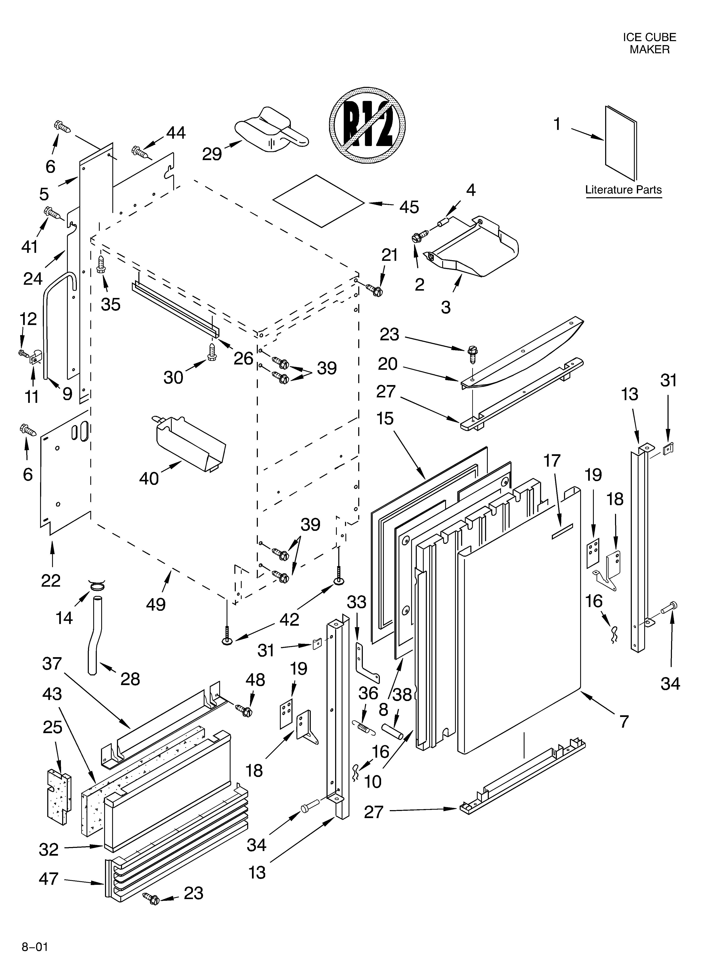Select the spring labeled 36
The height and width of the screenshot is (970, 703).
364,726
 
